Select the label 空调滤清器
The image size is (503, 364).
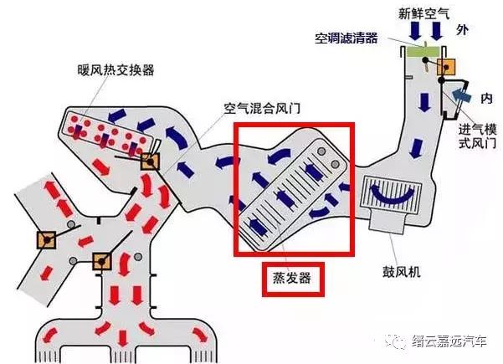tap(346, 39)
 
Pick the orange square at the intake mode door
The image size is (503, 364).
tap(447, 68)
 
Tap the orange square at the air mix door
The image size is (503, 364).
tap(150, 163)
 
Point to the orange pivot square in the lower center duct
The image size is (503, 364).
tap(102, 260)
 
